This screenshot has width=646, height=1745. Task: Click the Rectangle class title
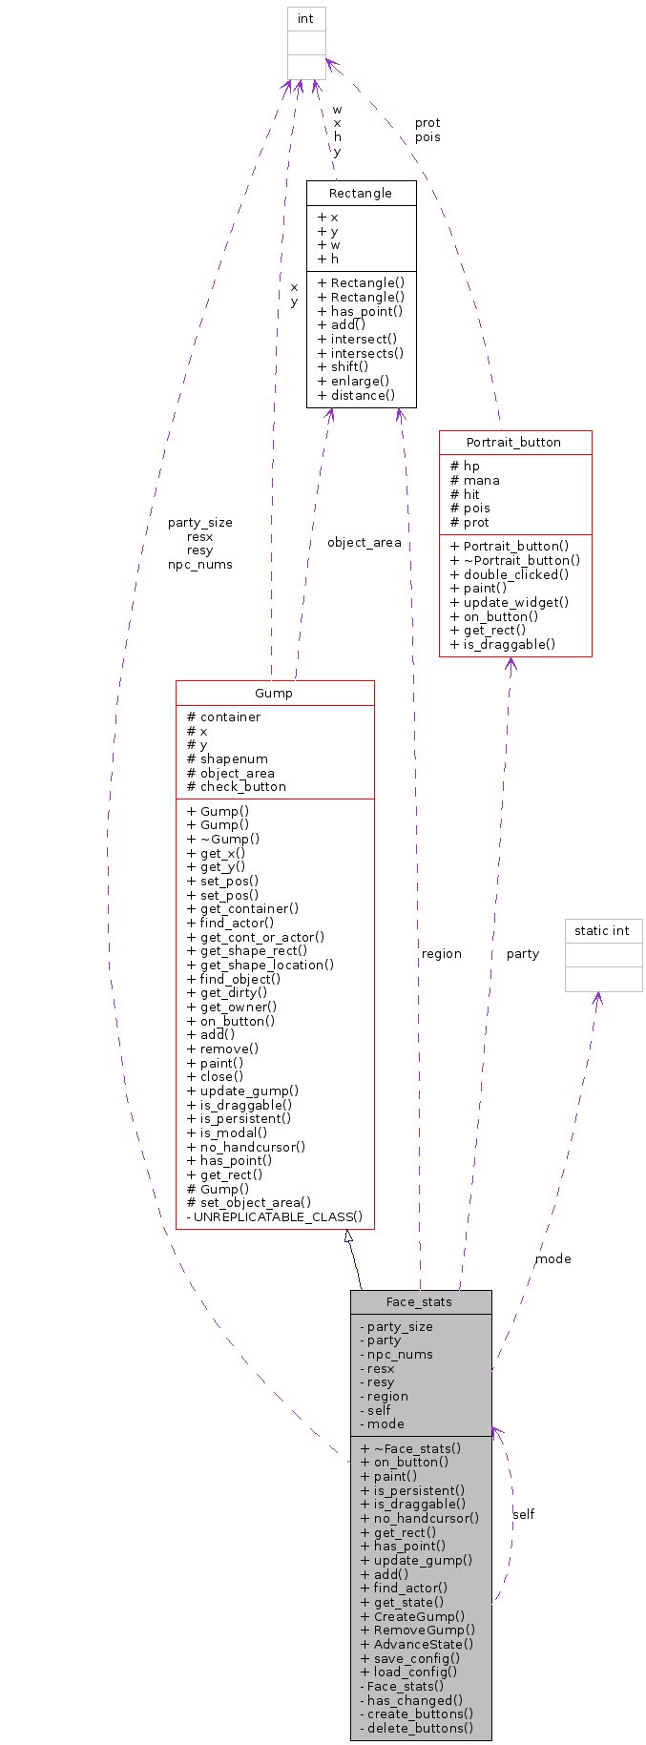click(x=360, y=193)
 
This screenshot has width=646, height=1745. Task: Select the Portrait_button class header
click(x=513, y=443)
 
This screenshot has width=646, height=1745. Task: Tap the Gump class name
click(x=274, y=693)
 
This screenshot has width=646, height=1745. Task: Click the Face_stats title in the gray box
click(x=419, y=1301)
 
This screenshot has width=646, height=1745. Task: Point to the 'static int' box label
click(x=602, y=931)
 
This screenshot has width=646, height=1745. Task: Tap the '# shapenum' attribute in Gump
click(x=227, y=759)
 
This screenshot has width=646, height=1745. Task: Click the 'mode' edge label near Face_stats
click(x=552, y=1259)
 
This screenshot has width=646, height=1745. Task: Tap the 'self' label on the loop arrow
click(x=523, y=1514)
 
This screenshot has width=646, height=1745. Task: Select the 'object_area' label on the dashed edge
click(x=364, y=543)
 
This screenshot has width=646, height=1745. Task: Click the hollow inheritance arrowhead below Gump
click(x=349, y=1236)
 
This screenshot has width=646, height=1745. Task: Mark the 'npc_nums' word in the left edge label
click(x=199, y=564)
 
